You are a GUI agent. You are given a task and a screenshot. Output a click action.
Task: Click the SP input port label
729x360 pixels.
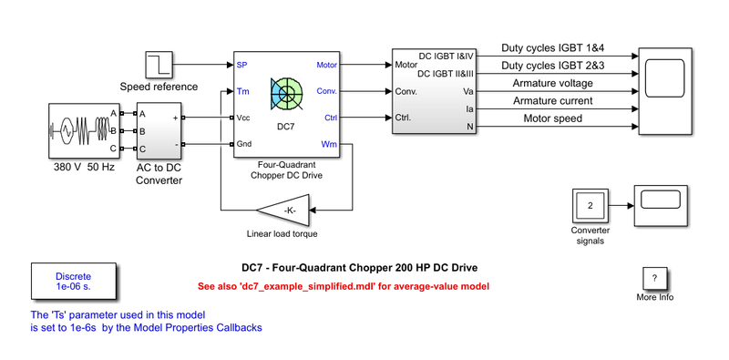pyautogui.click(x=241, y=66)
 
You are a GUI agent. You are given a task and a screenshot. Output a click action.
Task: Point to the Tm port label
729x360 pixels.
pyautogui.click(x=242, y=91)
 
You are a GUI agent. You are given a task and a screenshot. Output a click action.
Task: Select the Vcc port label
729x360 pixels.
pyautogui.click(x=243, y=118)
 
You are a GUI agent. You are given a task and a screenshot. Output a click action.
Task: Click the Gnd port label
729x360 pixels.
pyautogui.click(x=243, y=144)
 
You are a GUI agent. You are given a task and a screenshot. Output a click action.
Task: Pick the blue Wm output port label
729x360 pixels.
pyautogui.click(x=329, y=144)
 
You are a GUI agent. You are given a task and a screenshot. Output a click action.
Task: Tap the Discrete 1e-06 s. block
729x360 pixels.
pyautogui.click(x=73, y=280)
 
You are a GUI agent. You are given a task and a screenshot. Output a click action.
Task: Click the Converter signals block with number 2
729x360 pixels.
pyautogui.click(x=590, y=206)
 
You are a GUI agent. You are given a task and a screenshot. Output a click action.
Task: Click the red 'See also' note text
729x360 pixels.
pyautogui.click(x=345, y=286)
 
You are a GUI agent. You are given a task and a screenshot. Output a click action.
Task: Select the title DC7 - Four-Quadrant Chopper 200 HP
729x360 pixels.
pyautogui.click(x=359, y=268)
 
